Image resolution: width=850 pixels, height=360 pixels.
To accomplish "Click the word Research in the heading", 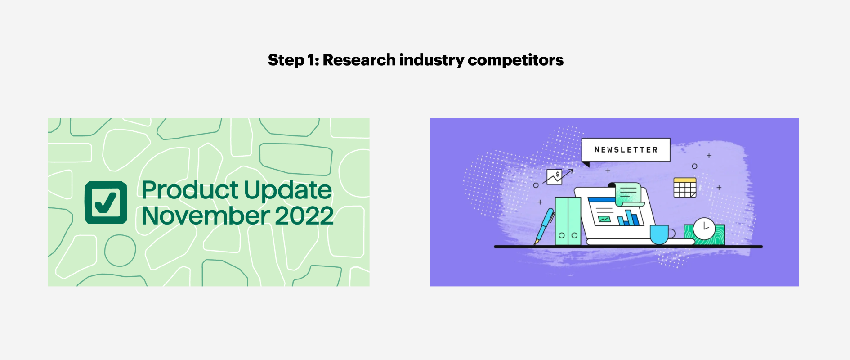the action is tap(359, 60).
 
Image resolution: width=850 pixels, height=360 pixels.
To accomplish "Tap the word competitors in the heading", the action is tap(515, 60).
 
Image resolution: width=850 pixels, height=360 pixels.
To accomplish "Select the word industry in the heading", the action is tap(432, 60).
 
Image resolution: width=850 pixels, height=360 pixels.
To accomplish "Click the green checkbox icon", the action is tap(106, 202).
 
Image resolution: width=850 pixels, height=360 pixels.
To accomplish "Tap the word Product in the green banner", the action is tap(190, 190).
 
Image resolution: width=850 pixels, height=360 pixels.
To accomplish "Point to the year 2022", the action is tap(304, 216).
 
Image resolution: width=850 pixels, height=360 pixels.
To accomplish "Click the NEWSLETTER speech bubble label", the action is tap(626, 150).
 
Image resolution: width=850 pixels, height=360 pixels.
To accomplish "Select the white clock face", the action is tap(704, 229).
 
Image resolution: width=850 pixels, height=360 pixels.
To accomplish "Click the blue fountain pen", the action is tap(544, 226).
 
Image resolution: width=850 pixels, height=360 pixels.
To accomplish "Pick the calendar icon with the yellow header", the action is tap(685, 188).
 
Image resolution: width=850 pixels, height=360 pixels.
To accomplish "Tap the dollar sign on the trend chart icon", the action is tap(558, 175).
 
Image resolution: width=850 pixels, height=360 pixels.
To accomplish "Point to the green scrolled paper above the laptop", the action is tap(628, 194).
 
